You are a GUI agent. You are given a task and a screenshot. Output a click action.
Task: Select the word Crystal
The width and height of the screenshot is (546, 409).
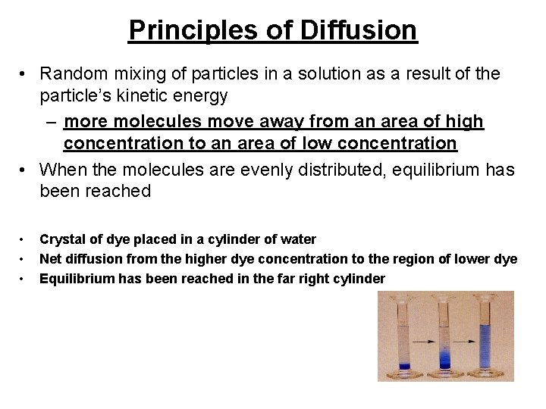coord(62,239)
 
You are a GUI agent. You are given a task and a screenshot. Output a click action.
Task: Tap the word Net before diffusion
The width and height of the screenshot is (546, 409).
coord(52,258)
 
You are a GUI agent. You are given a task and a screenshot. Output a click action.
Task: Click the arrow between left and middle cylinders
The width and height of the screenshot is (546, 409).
coord(425,343)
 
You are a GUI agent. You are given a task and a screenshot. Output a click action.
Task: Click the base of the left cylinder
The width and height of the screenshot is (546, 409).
coord(405,374)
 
